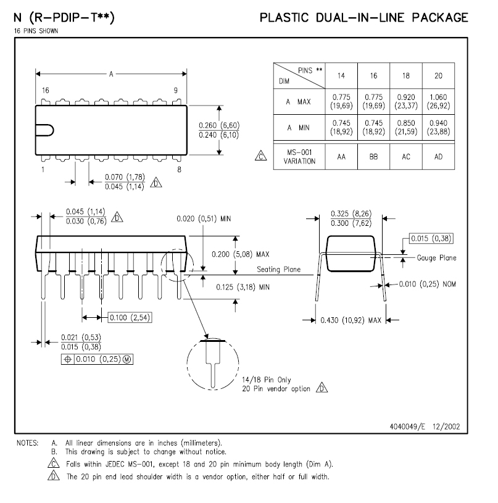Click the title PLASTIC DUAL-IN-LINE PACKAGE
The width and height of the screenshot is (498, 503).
tap(363, 17)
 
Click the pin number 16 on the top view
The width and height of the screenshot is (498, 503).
tap(45, 90)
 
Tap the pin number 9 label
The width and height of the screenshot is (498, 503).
tap(176, 90)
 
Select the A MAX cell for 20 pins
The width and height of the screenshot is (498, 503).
tap(438, 101)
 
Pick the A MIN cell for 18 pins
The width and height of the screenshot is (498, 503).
tap(406, 128)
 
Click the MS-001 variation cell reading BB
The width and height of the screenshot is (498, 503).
tap(373, 157)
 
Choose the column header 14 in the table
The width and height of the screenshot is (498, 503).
tap(341, 75)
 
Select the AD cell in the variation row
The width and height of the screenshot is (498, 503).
tap(438, 157)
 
